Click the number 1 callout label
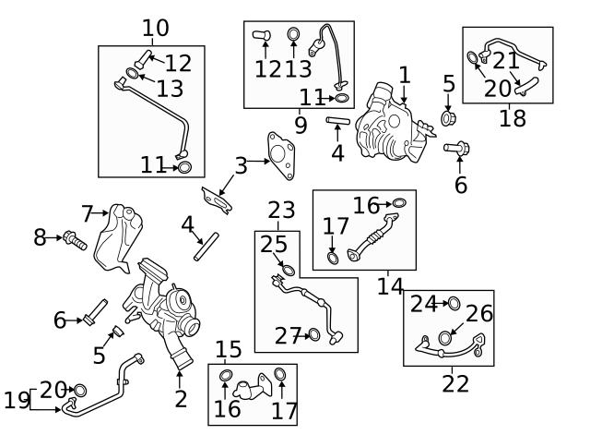tap(404, 75)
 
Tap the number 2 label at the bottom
tap(181, 399)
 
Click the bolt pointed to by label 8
tap(75, 241)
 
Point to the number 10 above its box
tap(155, 28)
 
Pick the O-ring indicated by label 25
tap(286, 271)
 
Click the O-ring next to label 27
tap(314, 334)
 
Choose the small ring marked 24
tap(453, 303)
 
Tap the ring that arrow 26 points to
tap(446, 338)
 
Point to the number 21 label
tap(506, 60)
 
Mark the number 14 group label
tap(390, 286)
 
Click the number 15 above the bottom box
tap(228, 350)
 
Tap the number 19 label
tap(17, 400)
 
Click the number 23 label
tap(280, 211)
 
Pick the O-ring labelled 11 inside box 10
tap(183, 167)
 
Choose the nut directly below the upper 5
tap(449, 119)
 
